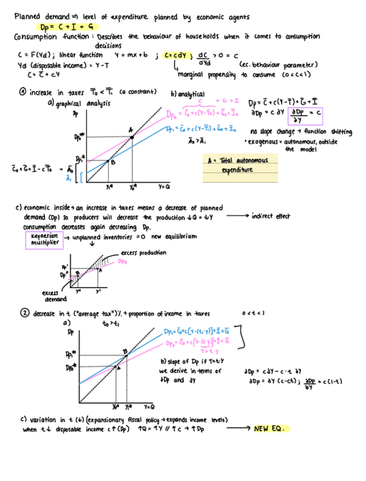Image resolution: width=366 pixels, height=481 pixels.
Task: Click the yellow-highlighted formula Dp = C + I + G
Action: click(x=69, y=26)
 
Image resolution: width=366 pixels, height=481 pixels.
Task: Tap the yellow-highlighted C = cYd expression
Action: click(x=177, y=55)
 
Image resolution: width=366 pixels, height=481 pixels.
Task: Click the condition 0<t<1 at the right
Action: click(x=253, y=313)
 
